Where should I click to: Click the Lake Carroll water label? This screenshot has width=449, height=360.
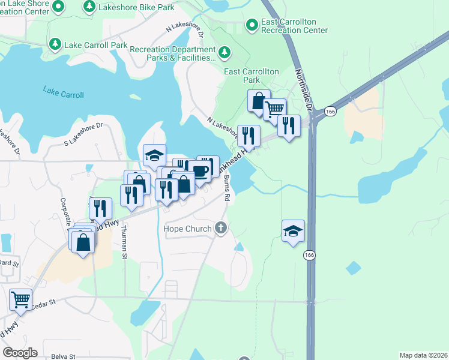point(64,92)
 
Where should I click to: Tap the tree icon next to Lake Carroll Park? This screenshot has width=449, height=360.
point(55,44)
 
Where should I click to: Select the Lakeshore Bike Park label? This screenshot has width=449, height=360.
point(131,7)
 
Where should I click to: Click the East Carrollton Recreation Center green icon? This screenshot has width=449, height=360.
point(252,26)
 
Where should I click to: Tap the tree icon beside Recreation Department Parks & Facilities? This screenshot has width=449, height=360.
point(225,53)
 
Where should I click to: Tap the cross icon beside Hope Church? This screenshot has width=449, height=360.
point(221,228)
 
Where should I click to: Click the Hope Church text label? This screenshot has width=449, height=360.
point(188,229)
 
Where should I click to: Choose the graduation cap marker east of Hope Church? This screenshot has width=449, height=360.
point(293,231)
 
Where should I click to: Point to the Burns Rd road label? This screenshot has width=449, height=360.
point(226,187)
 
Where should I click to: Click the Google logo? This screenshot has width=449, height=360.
point(20,353)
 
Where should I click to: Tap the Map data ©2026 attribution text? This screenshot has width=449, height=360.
point(423,355)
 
